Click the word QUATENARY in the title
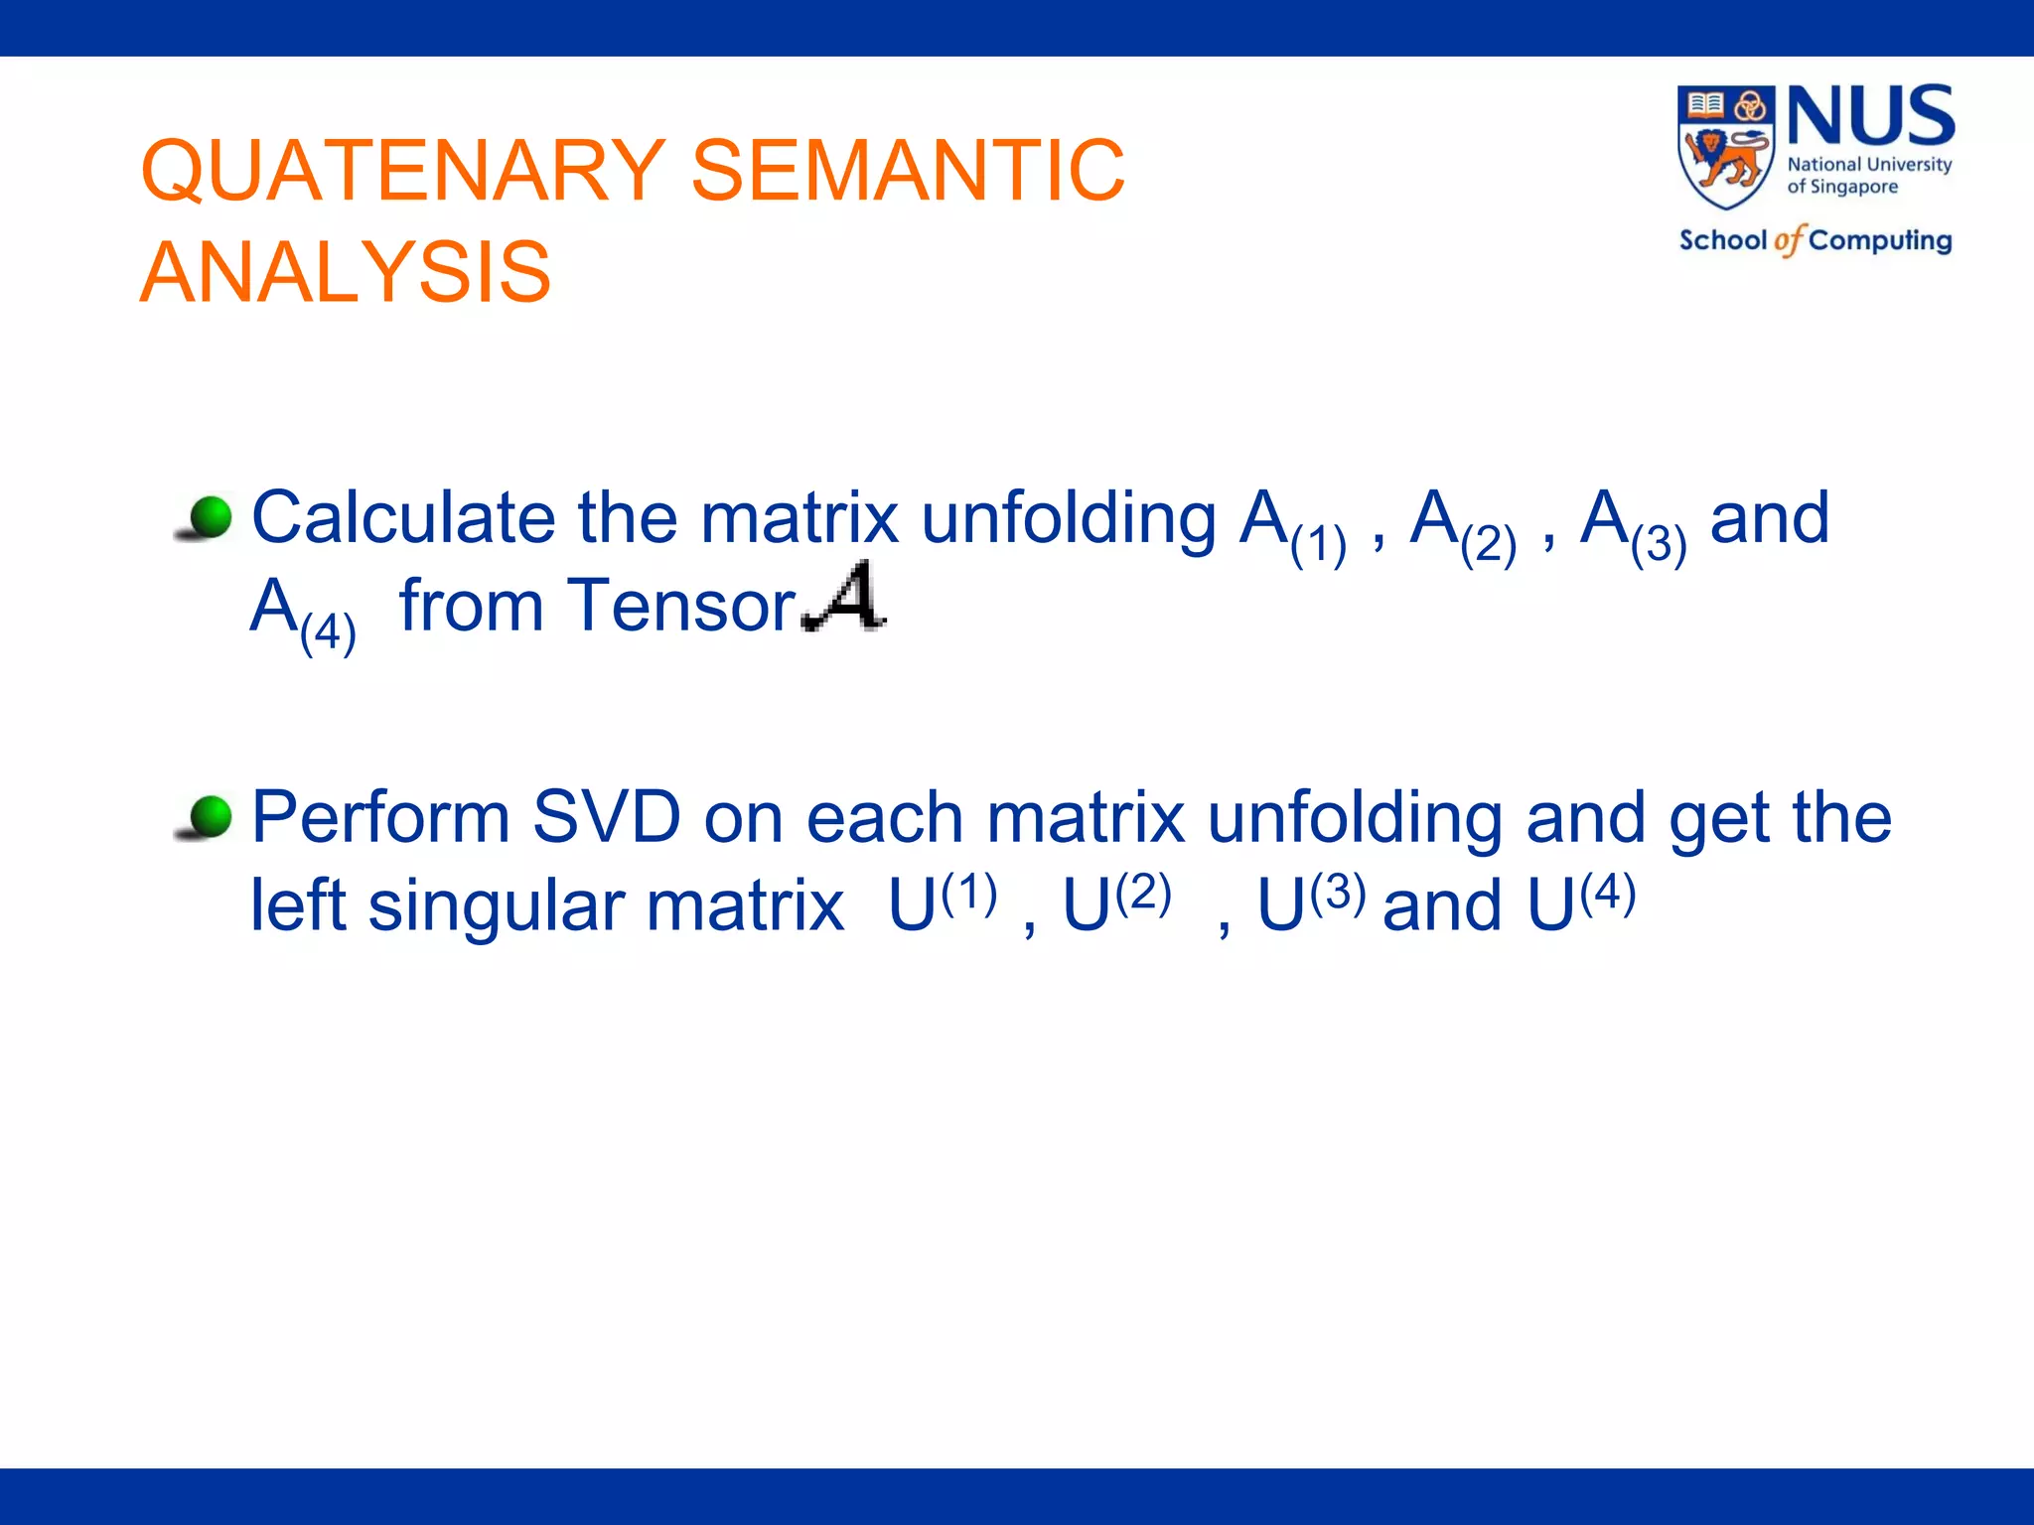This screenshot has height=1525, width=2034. [402, 171]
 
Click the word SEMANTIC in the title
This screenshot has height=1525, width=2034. [907, 171]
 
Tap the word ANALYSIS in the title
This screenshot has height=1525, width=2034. [345, 273]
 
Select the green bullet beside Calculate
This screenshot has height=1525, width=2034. [210, 517]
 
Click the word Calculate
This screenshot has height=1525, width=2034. [403, 518]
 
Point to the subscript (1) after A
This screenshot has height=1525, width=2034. [1318, 545]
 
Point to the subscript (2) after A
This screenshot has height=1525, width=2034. [1488, 545]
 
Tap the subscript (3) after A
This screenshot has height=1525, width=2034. [1658, 545]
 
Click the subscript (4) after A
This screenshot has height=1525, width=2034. [328, 632]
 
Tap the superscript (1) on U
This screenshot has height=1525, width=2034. [968, 893]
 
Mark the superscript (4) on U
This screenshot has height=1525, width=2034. [1607, 893]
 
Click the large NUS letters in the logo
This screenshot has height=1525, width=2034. [1870, 117]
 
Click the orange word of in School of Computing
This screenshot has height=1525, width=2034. [1788, 240]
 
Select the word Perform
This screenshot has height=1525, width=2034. [380, 817]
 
